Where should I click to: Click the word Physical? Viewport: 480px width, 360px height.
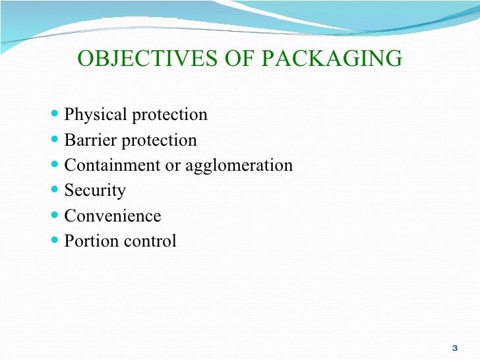(95, 115)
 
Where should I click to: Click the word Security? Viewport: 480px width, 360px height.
(95, 191)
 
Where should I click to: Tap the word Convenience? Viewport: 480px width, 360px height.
(112, 216)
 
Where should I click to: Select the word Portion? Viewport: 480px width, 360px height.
(90, 241)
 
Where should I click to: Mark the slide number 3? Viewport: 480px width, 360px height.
(454, 347)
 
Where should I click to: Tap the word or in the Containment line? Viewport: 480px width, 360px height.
(173, 165)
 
